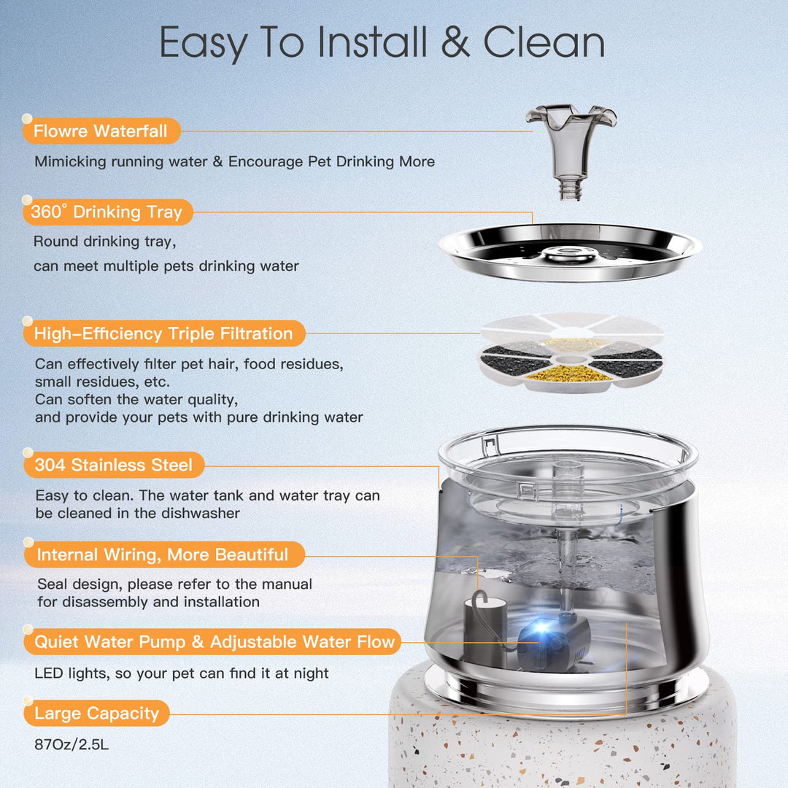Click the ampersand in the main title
(455, 42)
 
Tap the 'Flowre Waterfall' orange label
(101, 131)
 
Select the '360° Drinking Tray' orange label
(107, 212)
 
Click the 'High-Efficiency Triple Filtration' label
(164, 333)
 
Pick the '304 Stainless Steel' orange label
(114, 465)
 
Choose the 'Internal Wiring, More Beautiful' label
(164, 555)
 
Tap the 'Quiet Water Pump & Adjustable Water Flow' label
(212, 642)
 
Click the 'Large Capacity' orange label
(96, 714)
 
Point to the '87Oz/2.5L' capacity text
(72, 744)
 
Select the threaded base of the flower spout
(571, 190)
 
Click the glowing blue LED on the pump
(541, 627)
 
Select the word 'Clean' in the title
(544, 42)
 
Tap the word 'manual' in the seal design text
(285, 584)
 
